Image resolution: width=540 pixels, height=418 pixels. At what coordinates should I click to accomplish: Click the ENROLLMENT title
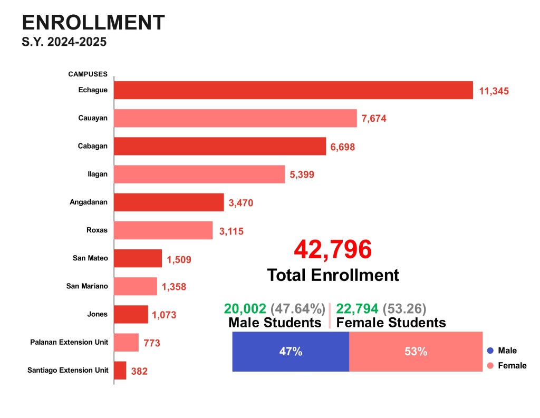tap(93, 23)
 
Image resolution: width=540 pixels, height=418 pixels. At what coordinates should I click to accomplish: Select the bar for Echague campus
tap(293, 90)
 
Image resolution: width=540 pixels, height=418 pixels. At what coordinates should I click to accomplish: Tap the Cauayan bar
tap(235, 118)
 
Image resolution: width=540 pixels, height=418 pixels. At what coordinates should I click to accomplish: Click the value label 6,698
tap(343, 147)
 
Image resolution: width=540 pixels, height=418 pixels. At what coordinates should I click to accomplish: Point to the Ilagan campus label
tap(98, 174)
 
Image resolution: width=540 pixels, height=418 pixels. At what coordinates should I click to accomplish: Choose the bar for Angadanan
tap(169, 202)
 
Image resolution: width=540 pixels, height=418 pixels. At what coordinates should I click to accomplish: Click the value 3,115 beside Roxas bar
tap(230, 231)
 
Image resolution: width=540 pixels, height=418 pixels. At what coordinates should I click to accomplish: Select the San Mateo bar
tap(138, 258)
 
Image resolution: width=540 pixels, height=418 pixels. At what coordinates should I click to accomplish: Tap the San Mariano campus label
tap(87, 286)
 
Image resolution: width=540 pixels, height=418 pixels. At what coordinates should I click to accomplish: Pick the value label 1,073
tap(164, 315)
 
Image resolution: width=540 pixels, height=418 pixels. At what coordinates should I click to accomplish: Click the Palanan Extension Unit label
tap(69, 342)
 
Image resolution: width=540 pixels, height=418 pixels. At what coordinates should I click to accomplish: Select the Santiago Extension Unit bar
tap(120, 370)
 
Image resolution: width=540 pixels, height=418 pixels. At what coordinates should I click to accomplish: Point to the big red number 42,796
tap(333, 249)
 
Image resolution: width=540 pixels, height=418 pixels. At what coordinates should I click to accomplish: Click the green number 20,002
tap(245, 309)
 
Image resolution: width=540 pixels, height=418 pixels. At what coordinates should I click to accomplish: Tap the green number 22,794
tap(357, 309)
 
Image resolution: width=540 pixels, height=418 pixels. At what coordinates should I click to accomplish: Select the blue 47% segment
tap(291, 352)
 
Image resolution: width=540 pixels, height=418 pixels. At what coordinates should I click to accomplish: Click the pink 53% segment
tap(416, 352)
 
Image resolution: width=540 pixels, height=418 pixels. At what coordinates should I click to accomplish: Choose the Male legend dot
tap(490, 351)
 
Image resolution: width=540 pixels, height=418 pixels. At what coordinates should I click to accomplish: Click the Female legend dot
tap(490, 365)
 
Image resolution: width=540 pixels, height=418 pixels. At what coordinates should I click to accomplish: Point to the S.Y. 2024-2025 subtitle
tap(64, 42)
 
